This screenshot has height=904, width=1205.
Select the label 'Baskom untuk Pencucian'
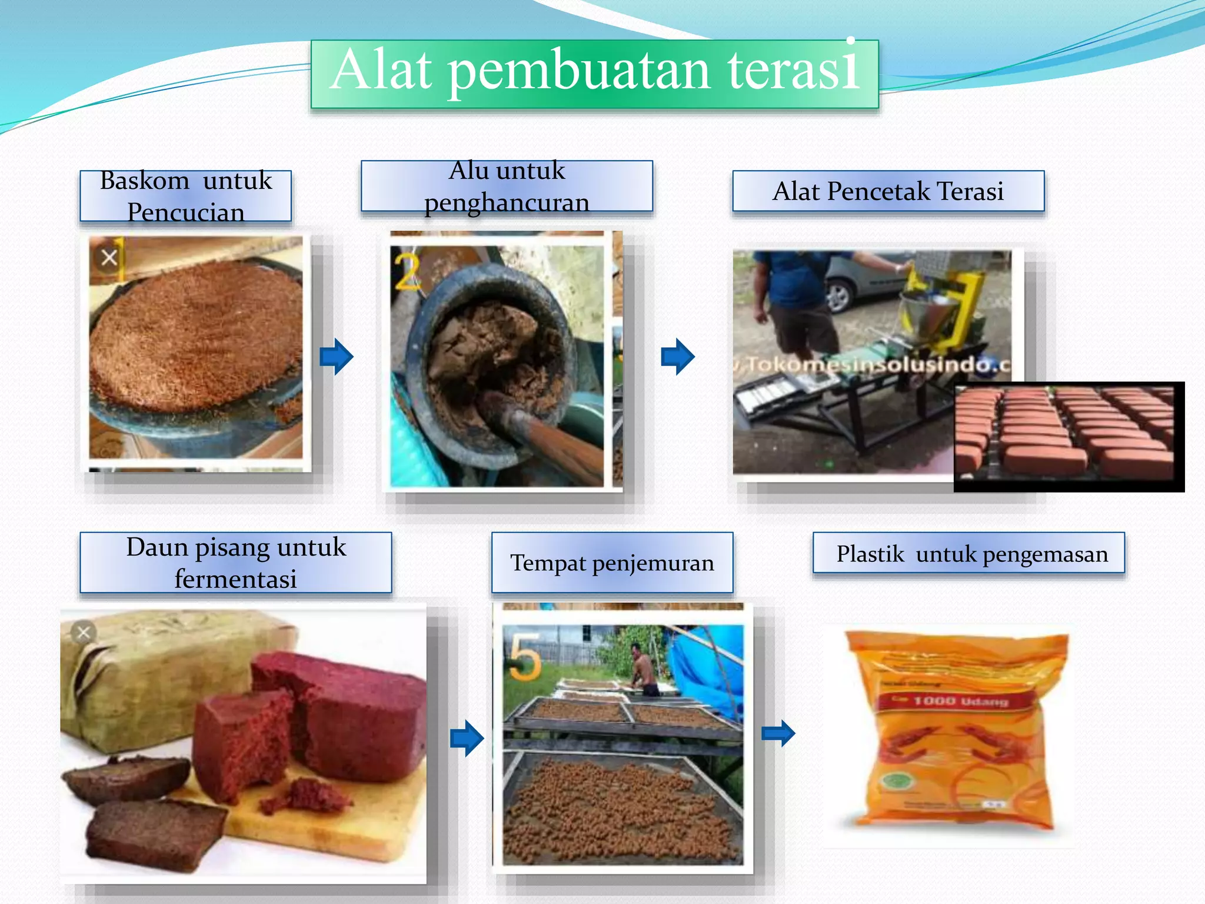(x=186, y=196)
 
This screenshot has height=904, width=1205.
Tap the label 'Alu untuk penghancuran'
(x=507, y=186)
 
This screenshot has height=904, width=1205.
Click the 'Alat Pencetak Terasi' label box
(x=888, y=191)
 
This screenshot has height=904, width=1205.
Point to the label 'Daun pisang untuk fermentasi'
(x=236, y=563)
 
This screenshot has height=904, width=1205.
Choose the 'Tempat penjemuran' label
(x=612, y=563)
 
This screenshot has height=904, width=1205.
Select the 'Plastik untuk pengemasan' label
(x=968, y=553)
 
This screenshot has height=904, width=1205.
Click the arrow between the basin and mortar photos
(x=337, y=357)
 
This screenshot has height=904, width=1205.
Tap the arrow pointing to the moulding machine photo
(x=678, y=357)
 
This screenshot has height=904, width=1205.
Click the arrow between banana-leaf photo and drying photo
(x=467, y=737)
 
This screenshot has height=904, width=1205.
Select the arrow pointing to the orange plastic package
(x=778, y=733)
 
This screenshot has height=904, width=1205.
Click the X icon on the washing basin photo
(x=109, y=258)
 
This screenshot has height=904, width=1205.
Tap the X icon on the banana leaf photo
(x=84, y=633)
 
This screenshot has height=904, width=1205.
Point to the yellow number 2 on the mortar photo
(x=407, y=272)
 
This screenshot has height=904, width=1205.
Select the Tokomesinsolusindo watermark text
(x=877, y=365)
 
